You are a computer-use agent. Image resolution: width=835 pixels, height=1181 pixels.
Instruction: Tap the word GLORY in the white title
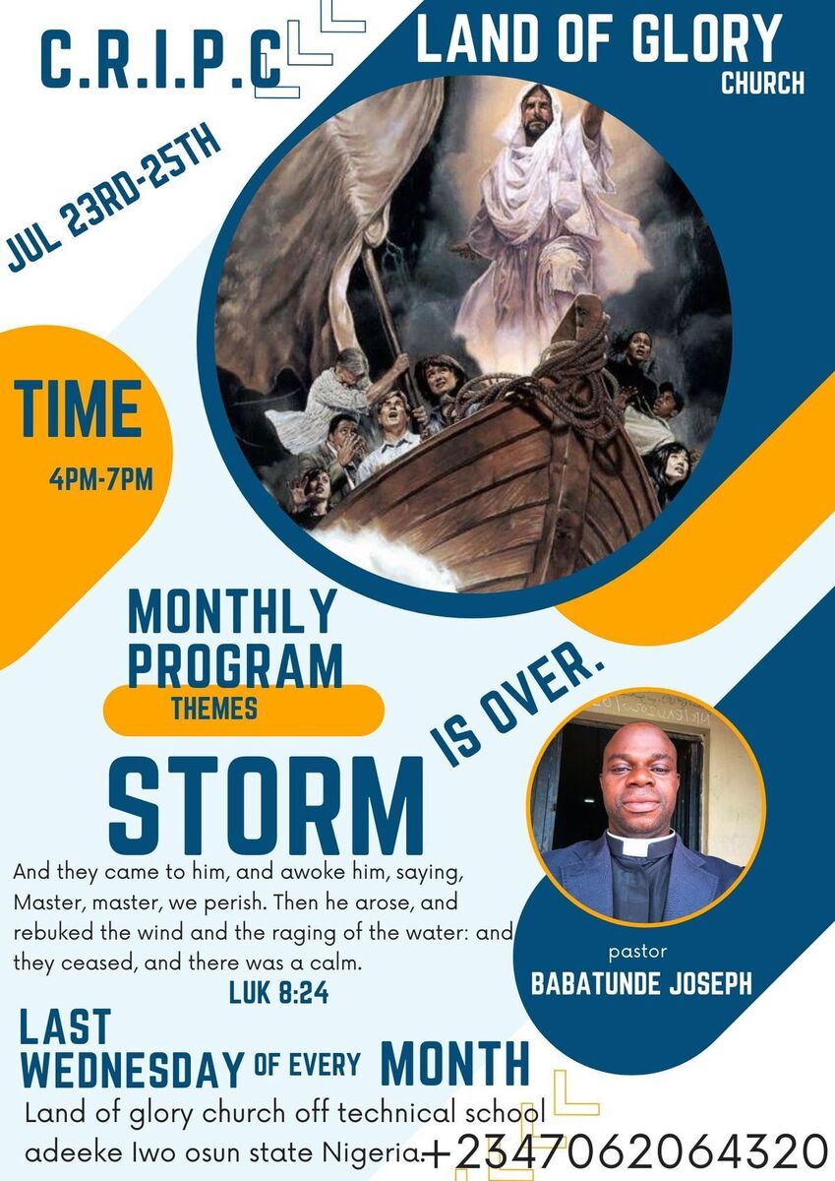pos(705,37)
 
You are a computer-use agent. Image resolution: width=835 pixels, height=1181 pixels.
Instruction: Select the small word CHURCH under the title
pos(763,83)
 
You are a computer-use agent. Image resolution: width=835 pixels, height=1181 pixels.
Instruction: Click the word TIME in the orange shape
pos(78,408)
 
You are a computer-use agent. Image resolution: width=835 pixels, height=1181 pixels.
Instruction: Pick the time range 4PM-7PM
pos(101,480)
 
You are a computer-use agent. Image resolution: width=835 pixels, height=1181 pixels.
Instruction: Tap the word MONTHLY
pos(232,611)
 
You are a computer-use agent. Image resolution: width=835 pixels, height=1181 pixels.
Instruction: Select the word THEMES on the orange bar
pos(214,708)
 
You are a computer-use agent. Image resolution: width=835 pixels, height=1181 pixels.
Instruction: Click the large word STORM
pos(267,805)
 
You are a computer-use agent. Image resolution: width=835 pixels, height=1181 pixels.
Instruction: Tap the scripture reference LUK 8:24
pos(279,994)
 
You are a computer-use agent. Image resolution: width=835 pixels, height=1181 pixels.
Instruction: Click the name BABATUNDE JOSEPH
pos(641,983)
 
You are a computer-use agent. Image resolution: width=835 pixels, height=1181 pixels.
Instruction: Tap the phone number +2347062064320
pos(626,1150)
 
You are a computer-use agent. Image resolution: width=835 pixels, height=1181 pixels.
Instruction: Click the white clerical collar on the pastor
pos(641,844)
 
